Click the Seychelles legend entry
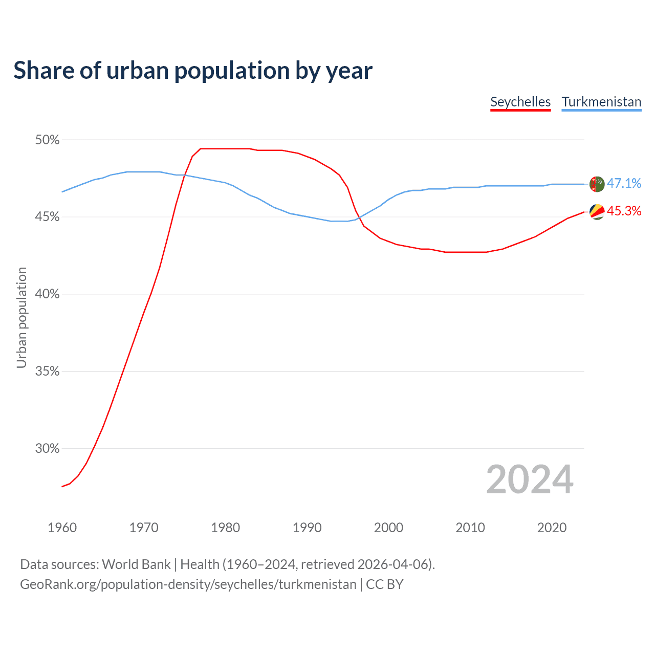[x=520, y=102]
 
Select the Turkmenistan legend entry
[x=601, y=102]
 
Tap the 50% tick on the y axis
[x=48, y=140]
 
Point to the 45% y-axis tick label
[x=48, y=217]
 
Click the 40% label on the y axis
[x=48, y=294]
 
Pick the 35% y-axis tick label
[x=48, y=372]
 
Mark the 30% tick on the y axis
[x=48, y=449]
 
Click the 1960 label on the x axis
[x=62, y=528]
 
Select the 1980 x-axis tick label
[x=225, y=528]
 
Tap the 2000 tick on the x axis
[x=388, y=528]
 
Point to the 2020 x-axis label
[x=552, y=528]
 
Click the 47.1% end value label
[x=624, y=184]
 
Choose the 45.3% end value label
[x=624, y=211]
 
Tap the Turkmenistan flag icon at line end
[x=597, y=184]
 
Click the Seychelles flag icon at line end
[x=597, y=211]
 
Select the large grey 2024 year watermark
[x=530, y=479]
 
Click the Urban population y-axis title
[x=21, y=317]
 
